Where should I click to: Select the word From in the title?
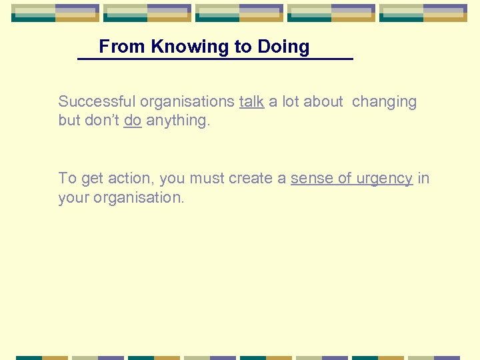click(x=123, y=47)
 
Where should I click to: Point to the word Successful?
click(x=97, y=102)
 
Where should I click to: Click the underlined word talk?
click(x=251, y=102)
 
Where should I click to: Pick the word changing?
click(x=384, y=102)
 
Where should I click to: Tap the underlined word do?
click(x=132, y=121)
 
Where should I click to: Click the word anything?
click(x=177, y=121)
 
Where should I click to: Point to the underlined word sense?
click(x=311, y=179)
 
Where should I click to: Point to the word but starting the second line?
click(x=69, y=121)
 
